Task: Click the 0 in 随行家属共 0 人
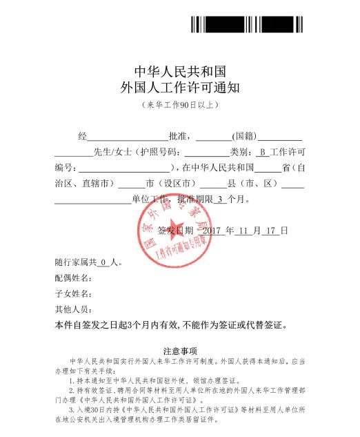click(x=103, y=263)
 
